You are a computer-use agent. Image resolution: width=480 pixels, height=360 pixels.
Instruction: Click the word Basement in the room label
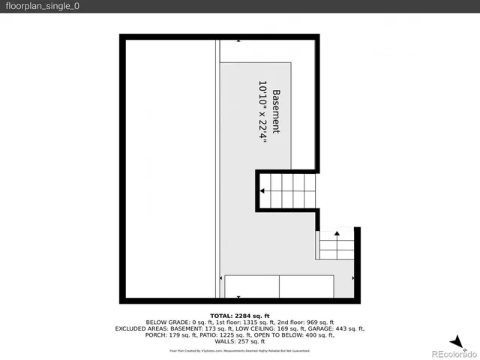[x=276, y=112]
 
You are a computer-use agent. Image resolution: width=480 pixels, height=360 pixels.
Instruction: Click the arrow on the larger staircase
[x=262, y=191]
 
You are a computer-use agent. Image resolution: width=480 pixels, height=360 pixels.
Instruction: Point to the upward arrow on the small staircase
[x=337, y=235]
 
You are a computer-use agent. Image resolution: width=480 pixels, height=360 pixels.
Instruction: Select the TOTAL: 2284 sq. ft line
[x=239, y=315]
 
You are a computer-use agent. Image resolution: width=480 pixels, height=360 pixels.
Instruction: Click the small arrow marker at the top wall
[x=239, y=40]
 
